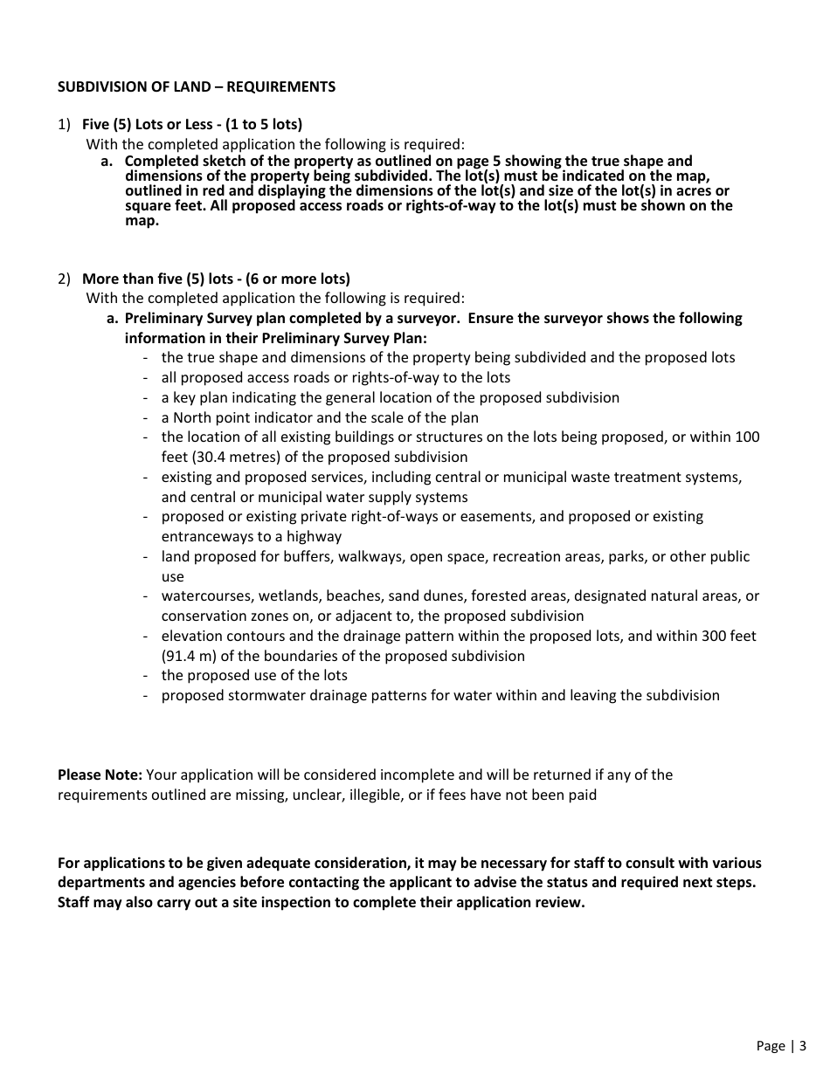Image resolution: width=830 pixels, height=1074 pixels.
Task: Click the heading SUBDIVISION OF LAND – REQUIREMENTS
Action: (196, 86)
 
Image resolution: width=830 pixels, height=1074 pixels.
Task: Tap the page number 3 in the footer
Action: (802, 1045)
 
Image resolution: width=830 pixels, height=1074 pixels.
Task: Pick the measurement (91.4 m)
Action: (193, 656)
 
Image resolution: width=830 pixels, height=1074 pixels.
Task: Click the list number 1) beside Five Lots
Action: (64, 124)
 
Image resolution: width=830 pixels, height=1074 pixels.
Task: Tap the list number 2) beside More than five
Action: (64, 279)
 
